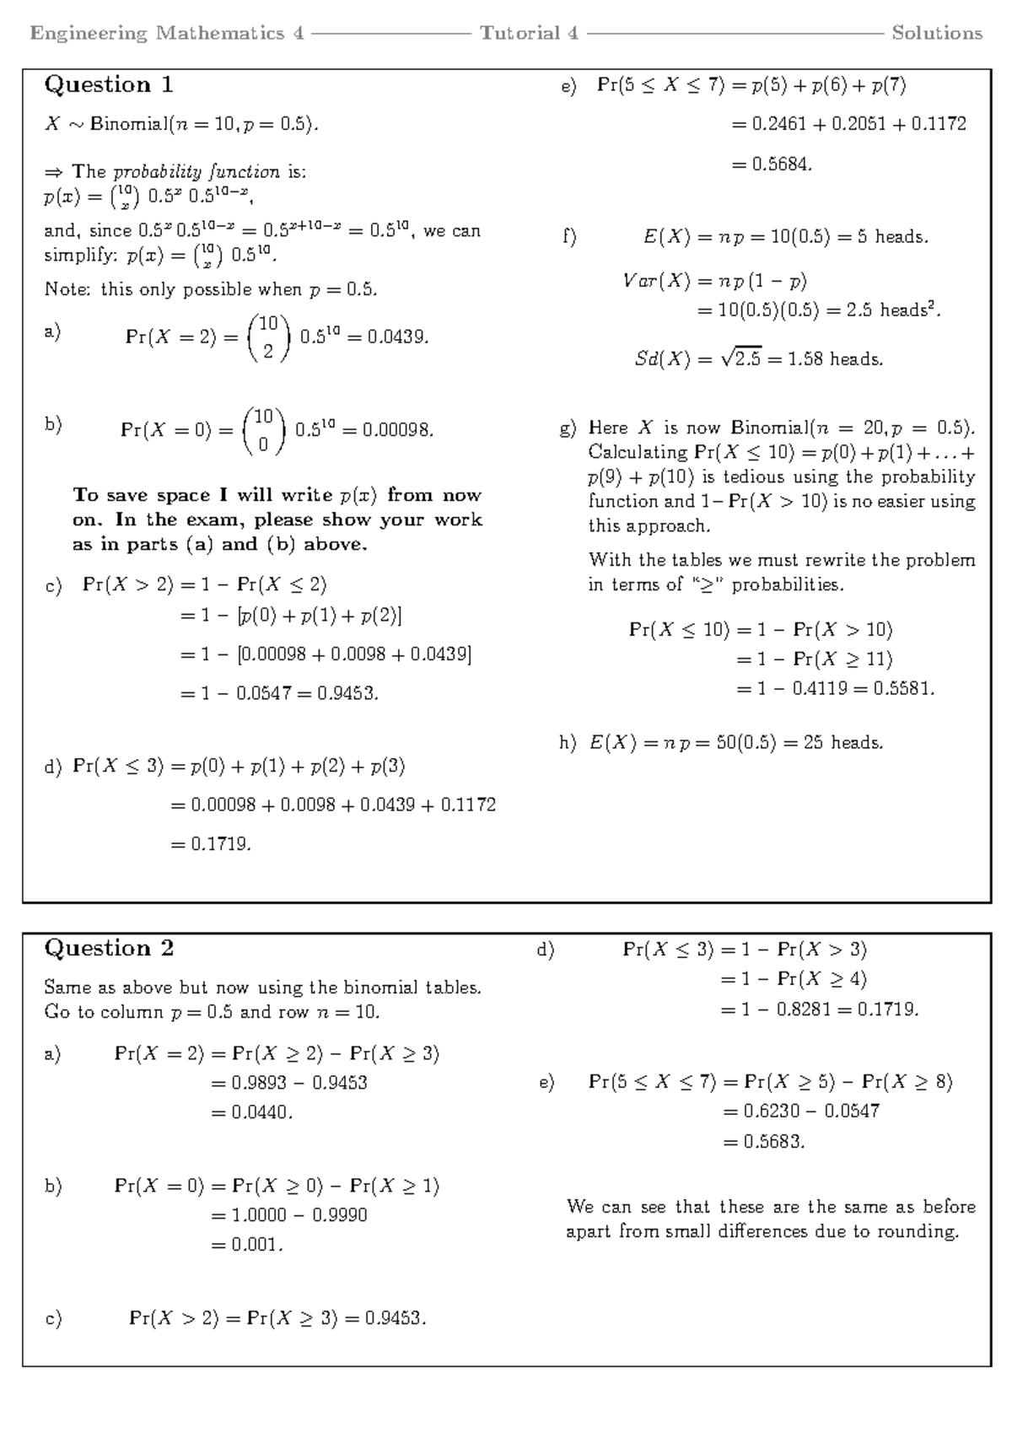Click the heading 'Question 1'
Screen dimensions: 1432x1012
click(x=109, y=85)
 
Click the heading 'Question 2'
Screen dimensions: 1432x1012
click(x=109, y=949)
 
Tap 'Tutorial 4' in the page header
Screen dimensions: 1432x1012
click(x=529, y=34)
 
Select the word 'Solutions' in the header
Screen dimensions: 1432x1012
click(x=937, y=34)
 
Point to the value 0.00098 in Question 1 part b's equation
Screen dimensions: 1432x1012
click(x=397, y=430)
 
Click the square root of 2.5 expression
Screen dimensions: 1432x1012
click(x=740, y=359)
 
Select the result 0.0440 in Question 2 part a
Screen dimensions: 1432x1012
click(x=261, y=1112)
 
